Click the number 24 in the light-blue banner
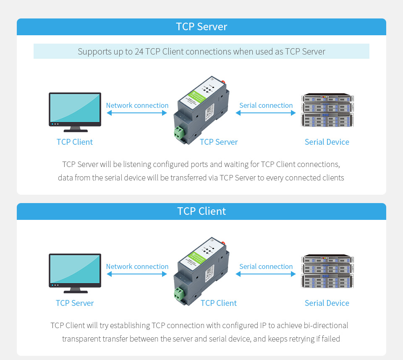click(x=139, y=52)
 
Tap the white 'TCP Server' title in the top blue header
click(x=201, y=26)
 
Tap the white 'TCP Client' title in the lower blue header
click(x=201, y=211)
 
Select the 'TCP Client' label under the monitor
click(x=75, y=142)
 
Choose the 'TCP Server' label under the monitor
click(x=75, y=303)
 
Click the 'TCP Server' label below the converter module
click(x=219, y=142)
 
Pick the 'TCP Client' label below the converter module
click(x=219, y=303)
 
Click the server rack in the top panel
click(x=327, y=111)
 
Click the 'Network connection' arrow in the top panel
click(x=137, y=113)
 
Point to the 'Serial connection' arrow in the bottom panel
click(x=266, y=274)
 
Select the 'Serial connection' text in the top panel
click(x=266, y=105)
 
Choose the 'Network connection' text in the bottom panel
click(x=137, y=266)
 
